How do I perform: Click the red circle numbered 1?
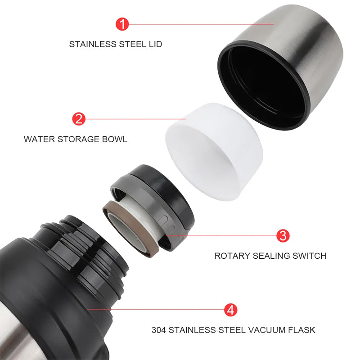pos(122,24)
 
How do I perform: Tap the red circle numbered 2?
pos(79,119)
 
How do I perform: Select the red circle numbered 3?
pos(283,235)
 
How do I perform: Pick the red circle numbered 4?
pos(230,310)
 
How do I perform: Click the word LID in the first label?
pos(155,44)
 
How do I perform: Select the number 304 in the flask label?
pos(159,330)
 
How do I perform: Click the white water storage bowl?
pos(213,152)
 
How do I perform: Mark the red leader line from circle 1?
pos(201,24)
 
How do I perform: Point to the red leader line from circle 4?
pos(156,310)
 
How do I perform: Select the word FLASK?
pos(301,330)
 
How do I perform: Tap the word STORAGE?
pos(78,139)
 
